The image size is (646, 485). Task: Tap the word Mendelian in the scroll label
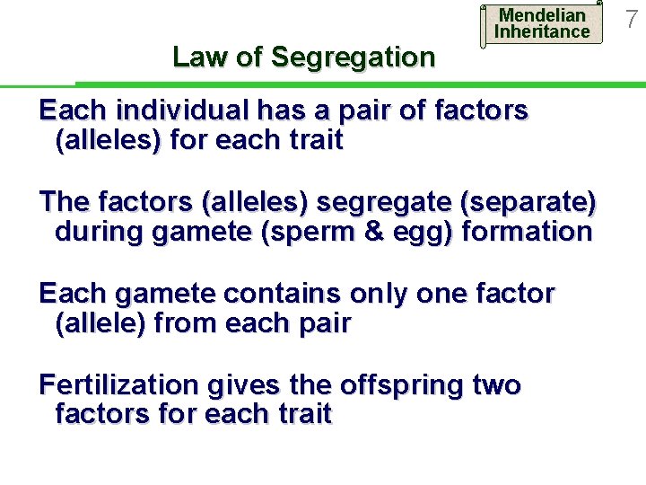(x=542, y=15)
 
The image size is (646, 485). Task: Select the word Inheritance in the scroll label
(x=542, y=32)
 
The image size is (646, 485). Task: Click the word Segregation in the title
(x=353, y=57)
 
